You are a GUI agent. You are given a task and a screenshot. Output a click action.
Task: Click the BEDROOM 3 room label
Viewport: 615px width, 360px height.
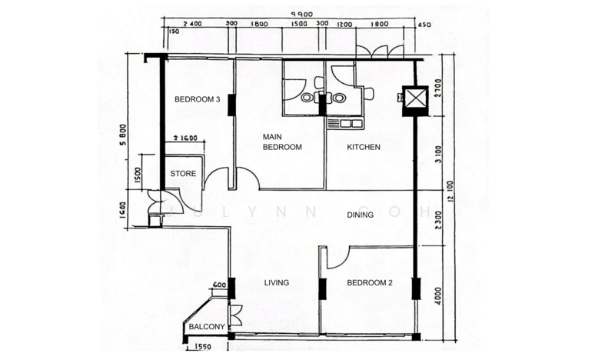(198, 99)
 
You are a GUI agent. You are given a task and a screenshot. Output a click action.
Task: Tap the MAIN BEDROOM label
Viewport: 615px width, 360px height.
(281, 141)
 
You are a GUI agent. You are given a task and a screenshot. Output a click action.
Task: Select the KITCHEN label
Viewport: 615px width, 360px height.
(364, 147)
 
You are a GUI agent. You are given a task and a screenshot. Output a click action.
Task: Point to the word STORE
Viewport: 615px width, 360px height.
(183, 174)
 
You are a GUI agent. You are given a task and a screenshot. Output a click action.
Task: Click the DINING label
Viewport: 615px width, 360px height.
(360, 215)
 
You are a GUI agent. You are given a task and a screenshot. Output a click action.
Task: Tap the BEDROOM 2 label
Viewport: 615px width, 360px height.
(370, 283)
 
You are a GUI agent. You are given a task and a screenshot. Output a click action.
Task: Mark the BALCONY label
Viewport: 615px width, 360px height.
(207, 328)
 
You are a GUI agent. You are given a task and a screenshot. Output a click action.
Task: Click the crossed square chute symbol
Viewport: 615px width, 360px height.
(414, 98)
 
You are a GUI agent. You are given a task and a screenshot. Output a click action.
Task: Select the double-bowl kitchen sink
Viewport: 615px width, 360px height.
(346, 123)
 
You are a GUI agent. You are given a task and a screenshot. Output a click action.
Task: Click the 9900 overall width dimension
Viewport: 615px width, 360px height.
(290, 14)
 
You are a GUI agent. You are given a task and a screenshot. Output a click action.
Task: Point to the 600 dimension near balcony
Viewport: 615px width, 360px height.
(220, 284)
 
